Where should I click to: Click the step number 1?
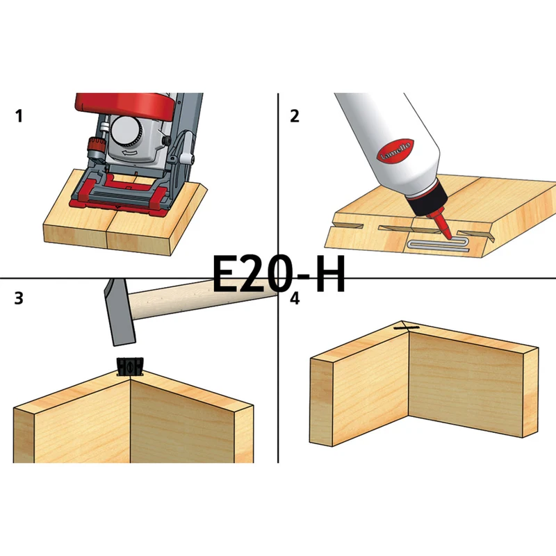(19, 116)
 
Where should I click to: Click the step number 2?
(294, 116)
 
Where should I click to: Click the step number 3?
(19, 298)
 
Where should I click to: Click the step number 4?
(295, 299)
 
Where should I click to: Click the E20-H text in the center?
(279, 273)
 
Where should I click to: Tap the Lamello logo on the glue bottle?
(395, 151)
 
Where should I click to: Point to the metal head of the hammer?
(119, 312)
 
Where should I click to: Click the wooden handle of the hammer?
(202, 299)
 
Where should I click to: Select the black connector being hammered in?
(130, 366)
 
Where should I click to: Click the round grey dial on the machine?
(126, 131)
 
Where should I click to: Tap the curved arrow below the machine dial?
(129, 152)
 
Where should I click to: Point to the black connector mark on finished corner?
(407, 328)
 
